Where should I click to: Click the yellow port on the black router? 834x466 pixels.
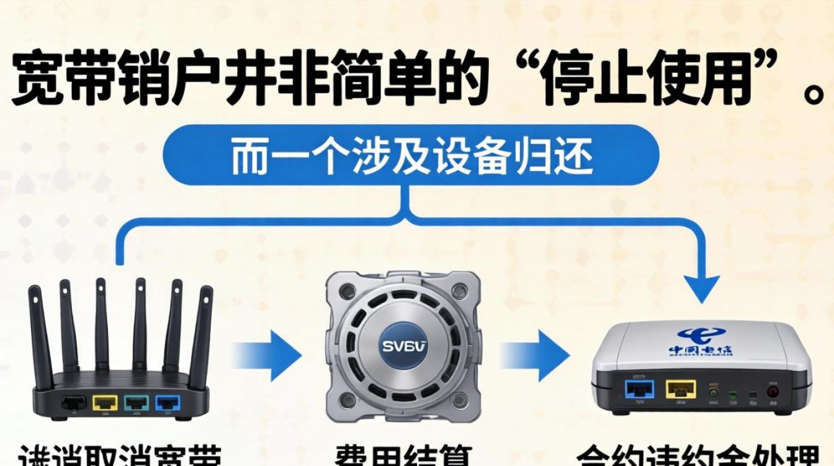105,403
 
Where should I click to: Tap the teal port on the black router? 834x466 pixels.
136,403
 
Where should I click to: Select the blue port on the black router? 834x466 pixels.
168,403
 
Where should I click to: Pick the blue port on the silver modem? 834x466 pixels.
640,389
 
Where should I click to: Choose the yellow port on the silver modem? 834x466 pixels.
680,389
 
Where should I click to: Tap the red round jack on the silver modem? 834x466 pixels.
773,391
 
